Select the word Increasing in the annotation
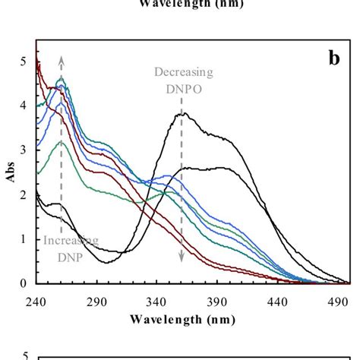[70, 241]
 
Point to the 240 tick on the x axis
[35, 301]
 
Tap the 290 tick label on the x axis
[96, 301]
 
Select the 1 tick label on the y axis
[24, 239]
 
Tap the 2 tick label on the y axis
[24, 195]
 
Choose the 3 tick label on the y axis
[24, 150]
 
